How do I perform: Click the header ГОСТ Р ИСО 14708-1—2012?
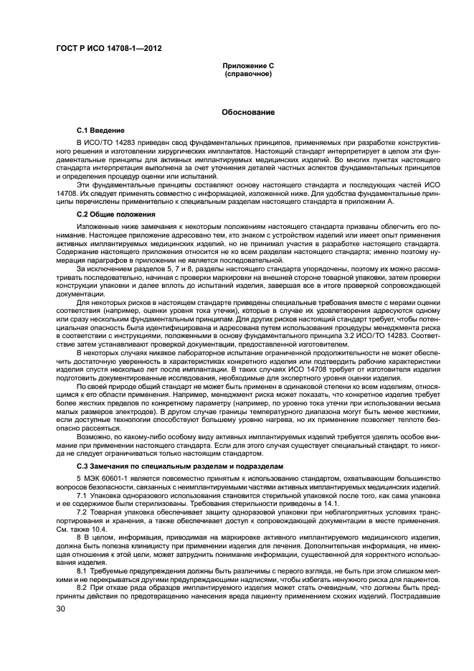pos(108,50)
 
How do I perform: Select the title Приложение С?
pos(248,66)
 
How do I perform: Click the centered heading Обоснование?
pos(248,113)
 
